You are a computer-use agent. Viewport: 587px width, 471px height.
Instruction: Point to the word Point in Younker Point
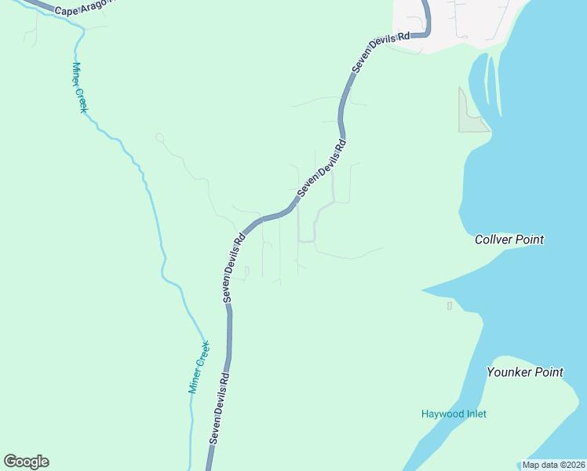click(x=549, y=372)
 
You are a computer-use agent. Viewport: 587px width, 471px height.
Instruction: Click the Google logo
click(x=26, y=462)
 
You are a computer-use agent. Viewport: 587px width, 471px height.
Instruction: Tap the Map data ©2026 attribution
click(x=553, y=465)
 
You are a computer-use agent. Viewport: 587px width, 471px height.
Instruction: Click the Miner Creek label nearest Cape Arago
click(x=78, y=87)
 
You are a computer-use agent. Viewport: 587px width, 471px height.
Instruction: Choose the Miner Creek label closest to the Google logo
click(x=199, y=367)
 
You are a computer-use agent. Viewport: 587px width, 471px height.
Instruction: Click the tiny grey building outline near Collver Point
click(x=450, y=305)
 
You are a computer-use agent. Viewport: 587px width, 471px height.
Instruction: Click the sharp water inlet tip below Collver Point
click(x=423, y=290)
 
